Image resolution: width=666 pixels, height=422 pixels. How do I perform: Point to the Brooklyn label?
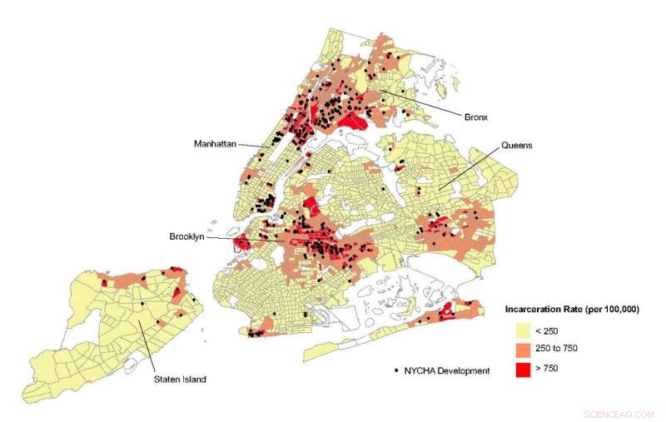(186, 237)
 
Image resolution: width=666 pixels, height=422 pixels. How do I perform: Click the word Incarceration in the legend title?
(534, 309)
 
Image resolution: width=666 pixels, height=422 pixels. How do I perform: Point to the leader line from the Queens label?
(470, 167)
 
